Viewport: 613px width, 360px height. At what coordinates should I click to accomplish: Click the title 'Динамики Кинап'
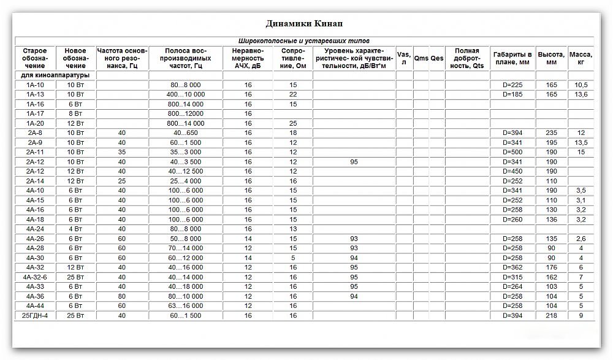(x=304, y=24)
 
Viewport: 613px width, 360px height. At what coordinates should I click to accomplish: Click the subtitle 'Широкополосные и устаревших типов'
(x=304, y=41)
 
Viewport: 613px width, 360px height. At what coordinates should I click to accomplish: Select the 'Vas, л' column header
(x=403, y=58)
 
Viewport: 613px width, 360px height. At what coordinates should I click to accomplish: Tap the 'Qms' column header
(x=421, y=58)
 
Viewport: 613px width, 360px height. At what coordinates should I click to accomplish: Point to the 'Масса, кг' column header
(x=581, y=58)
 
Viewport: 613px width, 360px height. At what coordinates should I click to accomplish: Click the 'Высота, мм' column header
(x=551, y=58)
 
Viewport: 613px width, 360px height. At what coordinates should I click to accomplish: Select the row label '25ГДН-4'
(x=35, y=315)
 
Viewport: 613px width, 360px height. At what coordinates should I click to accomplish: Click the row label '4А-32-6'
(x=35, y=277)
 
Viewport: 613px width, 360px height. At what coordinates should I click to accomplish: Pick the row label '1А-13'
(x=35, y=94)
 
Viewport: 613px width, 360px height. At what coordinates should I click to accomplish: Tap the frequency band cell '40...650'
(x=185, y=133)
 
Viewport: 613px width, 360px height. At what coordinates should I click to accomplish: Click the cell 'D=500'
(x=512, y=152)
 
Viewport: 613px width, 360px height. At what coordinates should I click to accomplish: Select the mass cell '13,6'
(x=581, y=94)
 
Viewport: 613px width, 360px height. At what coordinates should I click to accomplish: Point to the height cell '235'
(x=551, y=133)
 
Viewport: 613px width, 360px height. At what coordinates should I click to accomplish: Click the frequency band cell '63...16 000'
(x=185, y=305)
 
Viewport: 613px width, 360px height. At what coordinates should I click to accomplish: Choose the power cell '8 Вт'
(x=75, y=113)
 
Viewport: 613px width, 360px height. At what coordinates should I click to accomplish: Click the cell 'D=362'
(x=512, y=267)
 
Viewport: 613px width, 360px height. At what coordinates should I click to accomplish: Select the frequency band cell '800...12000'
(x=185, y=113)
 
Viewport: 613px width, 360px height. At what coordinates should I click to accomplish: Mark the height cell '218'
(x=551, y=315)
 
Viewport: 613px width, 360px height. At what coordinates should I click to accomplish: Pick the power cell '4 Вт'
(x=75, y=229)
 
